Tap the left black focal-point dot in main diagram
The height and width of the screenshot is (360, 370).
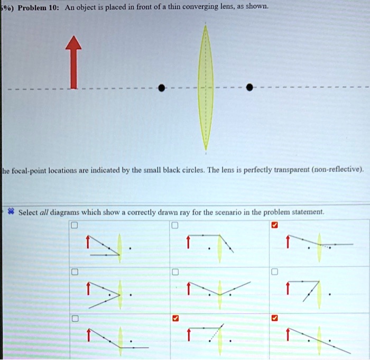coord(162,88)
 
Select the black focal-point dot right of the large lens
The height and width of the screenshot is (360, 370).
coord(249,88)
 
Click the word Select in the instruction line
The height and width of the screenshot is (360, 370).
coord(29,212)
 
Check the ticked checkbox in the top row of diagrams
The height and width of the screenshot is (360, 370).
coord(273,226)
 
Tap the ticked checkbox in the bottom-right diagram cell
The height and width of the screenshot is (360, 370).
coord(273,319)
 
